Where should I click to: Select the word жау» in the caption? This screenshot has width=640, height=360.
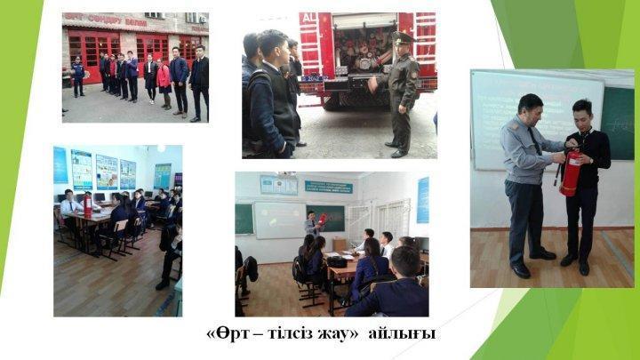click(x=336, y=333)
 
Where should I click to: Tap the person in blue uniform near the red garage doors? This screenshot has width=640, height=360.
click(x=78, y=76)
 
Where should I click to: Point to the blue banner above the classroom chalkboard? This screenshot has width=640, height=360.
click(x=328, y=188)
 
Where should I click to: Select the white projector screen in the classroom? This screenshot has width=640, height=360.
click(x=279, y=220)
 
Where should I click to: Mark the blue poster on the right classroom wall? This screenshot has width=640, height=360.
click(x=423, y=199)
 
